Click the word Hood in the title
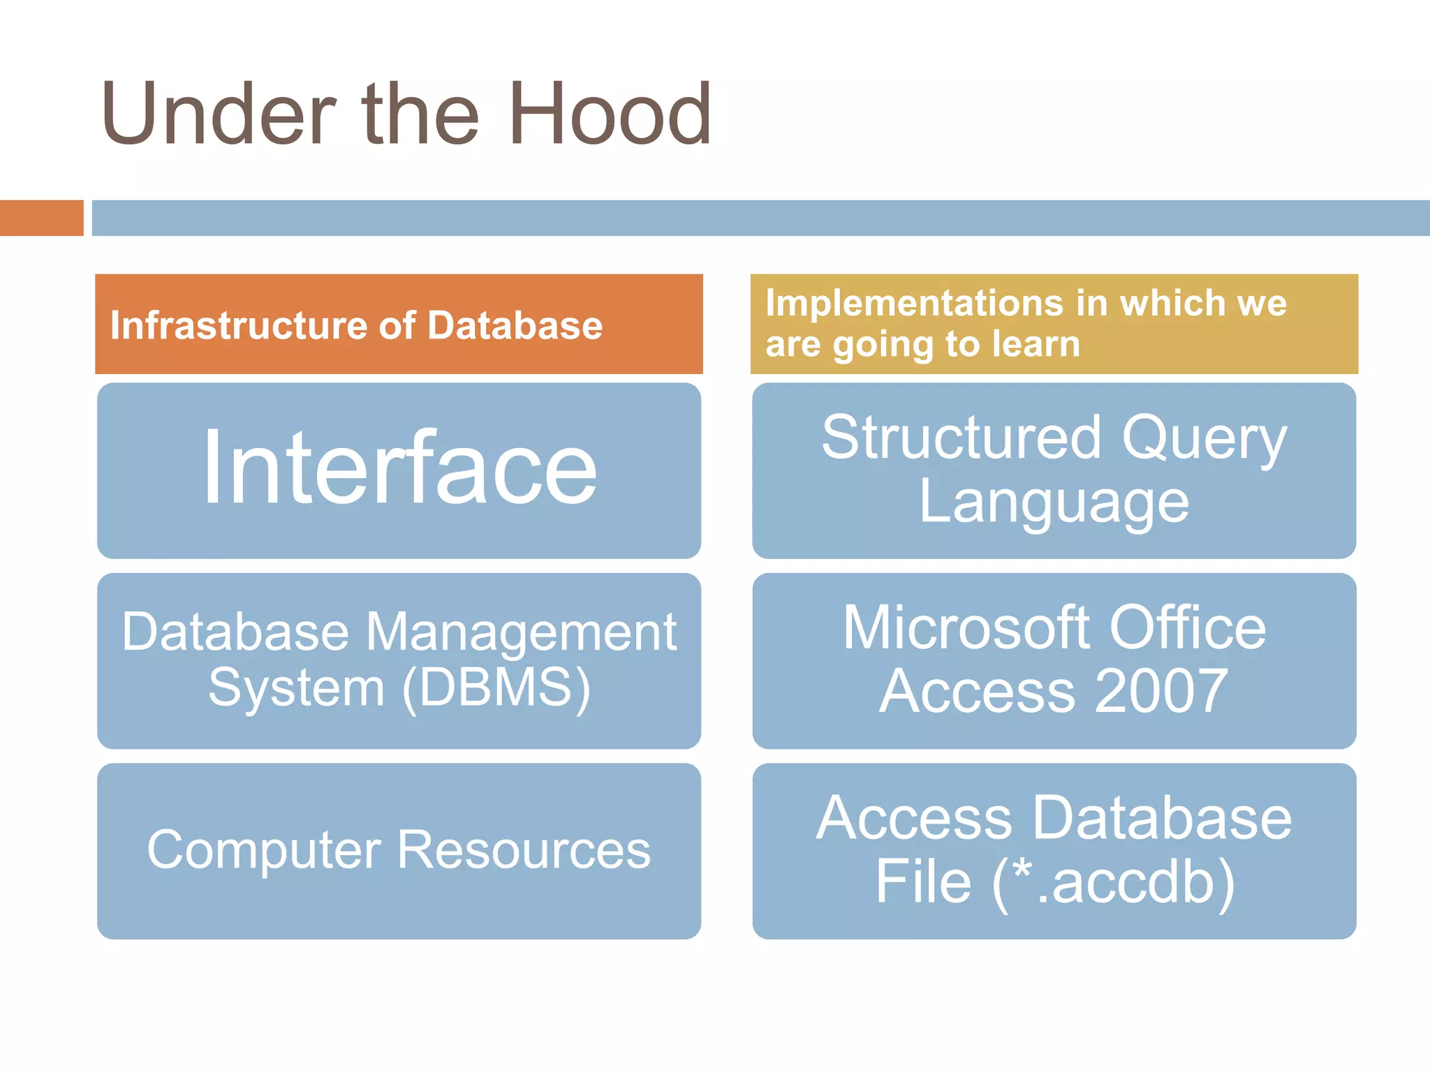point(610,114)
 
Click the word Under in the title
point(219,114)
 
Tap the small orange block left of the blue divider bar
point(41,218)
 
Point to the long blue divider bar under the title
point(760,218)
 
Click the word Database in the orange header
point(515,326)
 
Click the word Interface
point(399,468)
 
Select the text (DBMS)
point(496,688)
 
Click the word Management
point(521,632)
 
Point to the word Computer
point(263,851)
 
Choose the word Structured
point(961,438)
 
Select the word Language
point(1054,502)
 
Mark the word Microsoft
point(966,628)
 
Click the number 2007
point(1161,691)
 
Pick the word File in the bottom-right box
point(923,881)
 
